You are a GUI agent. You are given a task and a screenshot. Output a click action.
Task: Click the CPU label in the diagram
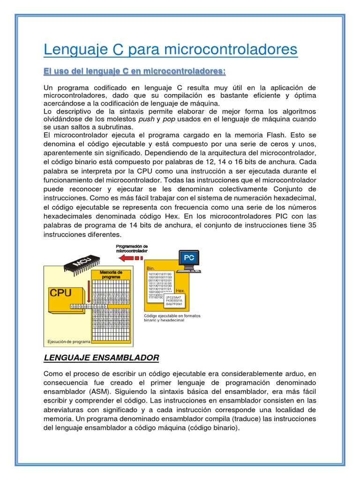(x=61, y=293)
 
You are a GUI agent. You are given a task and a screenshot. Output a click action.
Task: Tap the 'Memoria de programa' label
(x=112, y=274)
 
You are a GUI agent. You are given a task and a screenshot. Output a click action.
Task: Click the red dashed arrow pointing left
(x=132, y=257)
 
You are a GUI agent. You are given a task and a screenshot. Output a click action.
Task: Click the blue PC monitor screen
(x=188, y=257)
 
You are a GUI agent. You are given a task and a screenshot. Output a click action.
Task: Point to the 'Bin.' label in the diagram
(x=151, y=268)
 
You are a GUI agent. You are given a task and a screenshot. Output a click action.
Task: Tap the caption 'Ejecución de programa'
(x=68, y=341)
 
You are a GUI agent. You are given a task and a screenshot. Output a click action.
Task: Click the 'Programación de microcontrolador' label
(x=132, y=248)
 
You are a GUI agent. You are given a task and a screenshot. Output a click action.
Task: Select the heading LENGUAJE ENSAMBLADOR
(x=101, y=358)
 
